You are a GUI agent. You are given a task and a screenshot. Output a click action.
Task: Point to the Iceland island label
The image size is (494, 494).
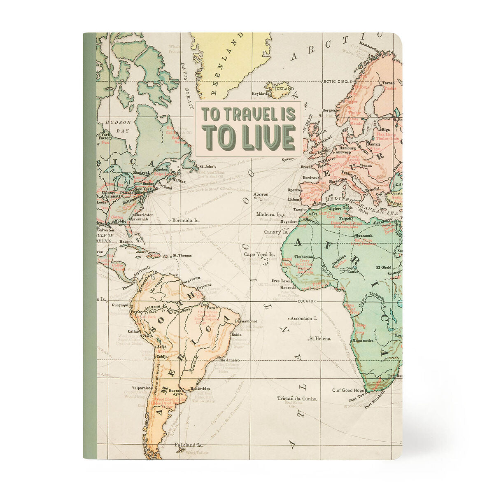pos(284,89)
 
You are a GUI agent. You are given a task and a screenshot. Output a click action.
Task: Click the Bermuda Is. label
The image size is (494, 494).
pos(186,220)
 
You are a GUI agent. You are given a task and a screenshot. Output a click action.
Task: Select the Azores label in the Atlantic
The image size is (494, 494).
pos(261,194)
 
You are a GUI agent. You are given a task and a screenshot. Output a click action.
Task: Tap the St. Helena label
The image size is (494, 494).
pos(319,338)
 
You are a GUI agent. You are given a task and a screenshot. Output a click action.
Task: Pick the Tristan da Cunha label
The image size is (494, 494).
pos(297,398)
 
